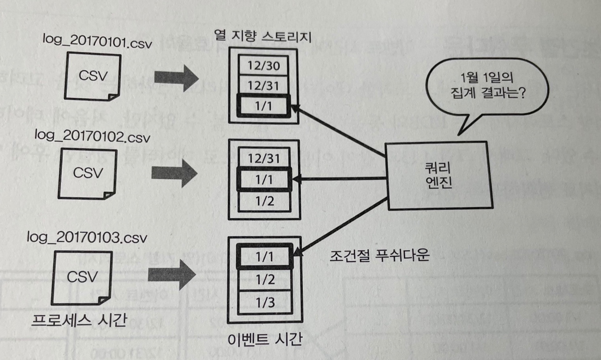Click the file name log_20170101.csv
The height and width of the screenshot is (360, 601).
tap(97, 41)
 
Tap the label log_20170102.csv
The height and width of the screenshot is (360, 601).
tap(92, 136)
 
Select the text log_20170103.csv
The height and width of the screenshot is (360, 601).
tap(87, 237)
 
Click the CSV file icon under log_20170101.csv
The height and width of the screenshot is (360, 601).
tap(92, 76)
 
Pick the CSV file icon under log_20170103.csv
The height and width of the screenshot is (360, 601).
tap(82, 277)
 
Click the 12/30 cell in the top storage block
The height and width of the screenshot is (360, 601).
tap(263, 66)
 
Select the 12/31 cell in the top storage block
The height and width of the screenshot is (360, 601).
tap(263, 86)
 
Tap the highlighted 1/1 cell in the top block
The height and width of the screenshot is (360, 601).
tap(263, 106)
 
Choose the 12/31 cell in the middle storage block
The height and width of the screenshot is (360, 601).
tap(264, 158)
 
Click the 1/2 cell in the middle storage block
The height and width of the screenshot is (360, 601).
tap(265, 201)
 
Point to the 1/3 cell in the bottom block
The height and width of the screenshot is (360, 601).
tap(265, 302)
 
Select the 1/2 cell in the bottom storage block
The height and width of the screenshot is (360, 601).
tap(265, 279)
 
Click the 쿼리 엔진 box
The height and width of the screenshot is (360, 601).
tap(438, 175)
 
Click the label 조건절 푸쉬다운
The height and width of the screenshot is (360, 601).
tap(379, 255)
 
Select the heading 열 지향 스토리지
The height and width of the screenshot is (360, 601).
tap(263, 36)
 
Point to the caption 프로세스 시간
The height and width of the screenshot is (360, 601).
tap(79, 320)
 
